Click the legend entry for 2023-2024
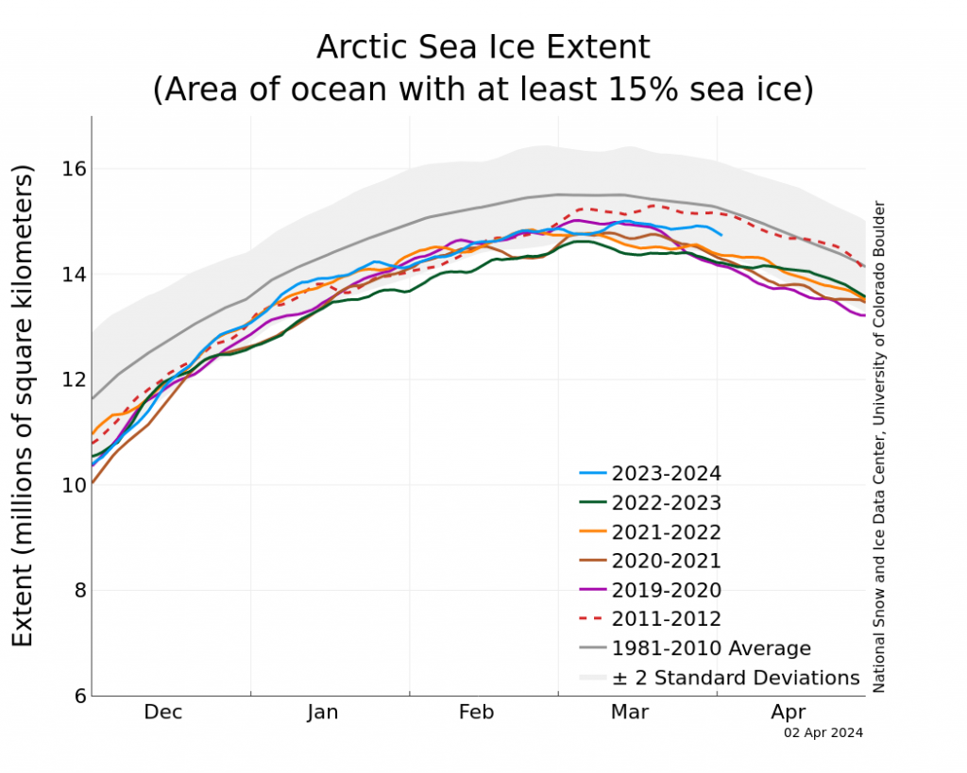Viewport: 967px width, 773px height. pos(666,474)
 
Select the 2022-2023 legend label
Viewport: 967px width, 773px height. pos(666,503)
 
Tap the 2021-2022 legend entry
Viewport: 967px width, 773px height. pos(666,532)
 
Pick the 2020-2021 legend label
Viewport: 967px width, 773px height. pos(666,562)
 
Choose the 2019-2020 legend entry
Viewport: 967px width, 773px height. pos(666,591)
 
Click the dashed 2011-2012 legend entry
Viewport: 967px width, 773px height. pos(666,620)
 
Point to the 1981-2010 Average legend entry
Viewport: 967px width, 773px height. pos(710,649)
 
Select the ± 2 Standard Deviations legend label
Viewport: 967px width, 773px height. pos(735,679)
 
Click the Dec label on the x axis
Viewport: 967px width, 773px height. pos(163,713)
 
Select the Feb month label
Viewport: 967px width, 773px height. pos(477,713)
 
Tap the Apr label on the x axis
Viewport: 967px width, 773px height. pos(789,713)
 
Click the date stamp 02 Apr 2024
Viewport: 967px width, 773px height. pos(823,732)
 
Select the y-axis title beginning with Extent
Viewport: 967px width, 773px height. pos(24,406)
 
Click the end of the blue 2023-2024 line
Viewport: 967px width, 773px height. pos(721,234)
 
